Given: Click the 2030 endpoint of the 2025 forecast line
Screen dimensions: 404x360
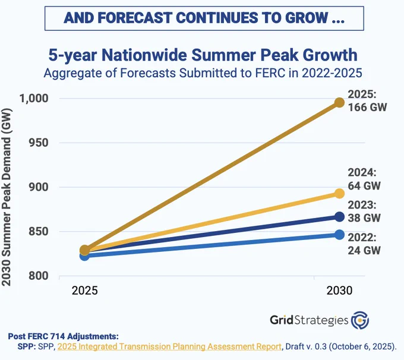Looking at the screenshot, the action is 340,103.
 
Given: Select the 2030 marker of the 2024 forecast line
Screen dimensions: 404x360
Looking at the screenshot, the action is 340,194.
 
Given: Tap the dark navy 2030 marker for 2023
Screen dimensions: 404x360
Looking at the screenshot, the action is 340,217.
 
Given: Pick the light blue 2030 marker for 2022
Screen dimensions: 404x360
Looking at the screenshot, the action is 340,235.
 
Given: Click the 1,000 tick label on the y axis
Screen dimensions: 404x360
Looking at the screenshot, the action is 34,99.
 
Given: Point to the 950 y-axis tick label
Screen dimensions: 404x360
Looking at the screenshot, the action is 39,143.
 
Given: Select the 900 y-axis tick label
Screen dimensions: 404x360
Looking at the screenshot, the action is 39,187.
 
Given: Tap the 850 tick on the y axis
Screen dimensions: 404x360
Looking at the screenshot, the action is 39,232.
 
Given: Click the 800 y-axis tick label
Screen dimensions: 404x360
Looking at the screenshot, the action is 39,276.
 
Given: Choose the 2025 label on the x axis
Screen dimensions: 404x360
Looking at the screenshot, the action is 85,290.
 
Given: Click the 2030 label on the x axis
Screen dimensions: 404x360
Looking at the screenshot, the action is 339,290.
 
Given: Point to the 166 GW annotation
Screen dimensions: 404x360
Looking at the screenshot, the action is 367,107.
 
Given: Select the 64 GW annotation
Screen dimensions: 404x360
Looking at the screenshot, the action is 364,186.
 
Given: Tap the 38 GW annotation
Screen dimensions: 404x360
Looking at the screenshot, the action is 364,218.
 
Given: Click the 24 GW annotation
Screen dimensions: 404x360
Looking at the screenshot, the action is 364,251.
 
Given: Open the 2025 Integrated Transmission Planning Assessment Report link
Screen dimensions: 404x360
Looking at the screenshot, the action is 169,346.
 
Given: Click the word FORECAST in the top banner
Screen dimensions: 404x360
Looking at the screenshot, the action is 135,18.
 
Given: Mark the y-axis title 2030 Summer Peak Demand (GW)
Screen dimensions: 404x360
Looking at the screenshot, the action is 7,197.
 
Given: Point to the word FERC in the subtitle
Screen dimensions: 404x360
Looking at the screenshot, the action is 270,73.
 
